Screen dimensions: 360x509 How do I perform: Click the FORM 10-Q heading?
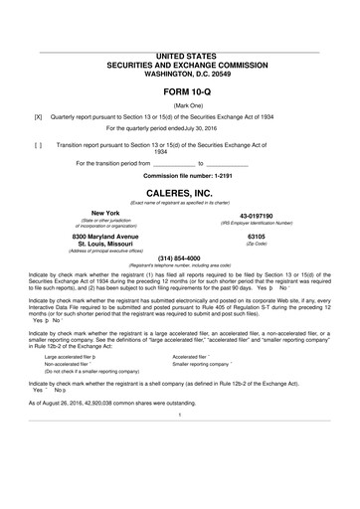point(180,92)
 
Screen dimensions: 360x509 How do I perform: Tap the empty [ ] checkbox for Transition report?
point(38,144)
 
